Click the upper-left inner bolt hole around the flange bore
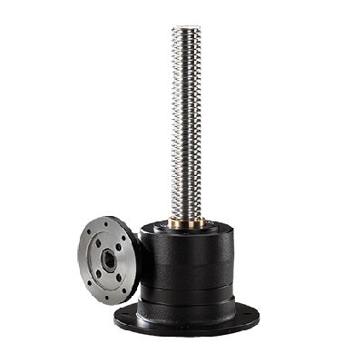(x=98, y=243)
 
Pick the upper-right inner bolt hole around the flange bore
(x=119, y=247)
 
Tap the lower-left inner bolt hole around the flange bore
(x=99, y=273)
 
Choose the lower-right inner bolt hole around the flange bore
(x=119, y=278)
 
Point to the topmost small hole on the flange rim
(x=106, y=224)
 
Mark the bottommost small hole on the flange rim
(x=106, y=298)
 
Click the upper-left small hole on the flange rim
(x=89, y=232)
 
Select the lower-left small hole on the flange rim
(x=89, y=282)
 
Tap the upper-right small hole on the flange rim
(x=123, y=238)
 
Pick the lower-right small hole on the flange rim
(x=124, y=289)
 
